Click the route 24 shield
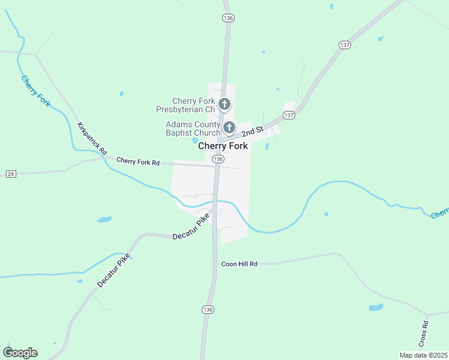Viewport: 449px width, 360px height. [10, 173]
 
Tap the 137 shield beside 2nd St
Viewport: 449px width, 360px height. [289, 115]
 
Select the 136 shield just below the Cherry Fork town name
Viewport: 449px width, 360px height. [218, 159]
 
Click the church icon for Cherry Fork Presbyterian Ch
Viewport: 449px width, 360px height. [224, 104]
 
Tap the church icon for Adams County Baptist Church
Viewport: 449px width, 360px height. [229, 127]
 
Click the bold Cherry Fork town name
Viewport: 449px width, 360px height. [223, 146]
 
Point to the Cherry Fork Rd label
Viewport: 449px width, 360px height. [138, 161]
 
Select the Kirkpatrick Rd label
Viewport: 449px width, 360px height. [92, 139]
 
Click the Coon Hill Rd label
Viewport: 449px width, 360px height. [239, 263]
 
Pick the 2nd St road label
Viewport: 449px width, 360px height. [253, 131]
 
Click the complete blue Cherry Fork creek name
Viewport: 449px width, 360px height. [36, 91]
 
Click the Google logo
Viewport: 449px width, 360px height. [20, 353]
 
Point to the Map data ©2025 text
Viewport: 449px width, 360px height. [423, 355]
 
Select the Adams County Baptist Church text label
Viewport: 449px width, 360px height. [193, 128]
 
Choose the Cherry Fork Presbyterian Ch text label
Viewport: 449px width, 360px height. [185, 105]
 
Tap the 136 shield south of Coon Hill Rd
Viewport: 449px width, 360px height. [208, 309]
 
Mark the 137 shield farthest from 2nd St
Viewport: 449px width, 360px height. [345, 45]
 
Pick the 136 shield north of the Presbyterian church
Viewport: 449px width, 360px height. [228, 19]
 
